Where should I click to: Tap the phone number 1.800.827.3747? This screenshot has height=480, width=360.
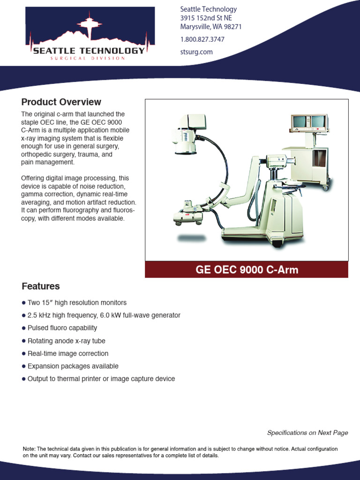pyautogui.click(x=202, y=39)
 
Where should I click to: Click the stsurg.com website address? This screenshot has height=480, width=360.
pyautogui.click(x=196, y=52)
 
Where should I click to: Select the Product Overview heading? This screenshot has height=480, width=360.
pyautogui.click(x=61, y=102)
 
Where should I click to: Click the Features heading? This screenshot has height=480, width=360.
pyautogui.click(x=41, y=286)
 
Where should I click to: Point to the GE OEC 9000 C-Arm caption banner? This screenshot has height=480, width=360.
pyautogui.click(x=247, y=270)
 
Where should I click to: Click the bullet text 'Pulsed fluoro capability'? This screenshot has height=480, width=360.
pyautogui.click(x=62, y=328)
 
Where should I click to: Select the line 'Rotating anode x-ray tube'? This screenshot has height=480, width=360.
pyautogui.click(x=67, y=341)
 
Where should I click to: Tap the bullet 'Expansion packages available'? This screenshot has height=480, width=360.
pyautogui.click(x=73, y=366)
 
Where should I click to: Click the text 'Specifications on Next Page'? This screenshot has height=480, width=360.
pyautogui.click(x=307, y=433)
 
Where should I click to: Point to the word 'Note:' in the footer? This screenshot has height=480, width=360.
pyautogui.click(x=29, y=449)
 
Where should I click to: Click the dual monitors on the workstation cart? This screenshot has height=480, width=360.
pyautogui.click(x=309, y=122)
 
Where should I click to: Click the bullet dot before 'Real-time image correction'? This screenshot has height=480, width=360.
pyautogui.click(x=24, y=353)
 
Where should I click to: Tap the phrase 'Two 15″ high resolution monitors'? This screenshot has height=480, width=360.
pyautogui.click(x=77, y=303)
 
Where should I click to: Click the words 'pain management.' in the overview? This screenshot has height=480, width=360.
pyautogui.click(x=48, y=162)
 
